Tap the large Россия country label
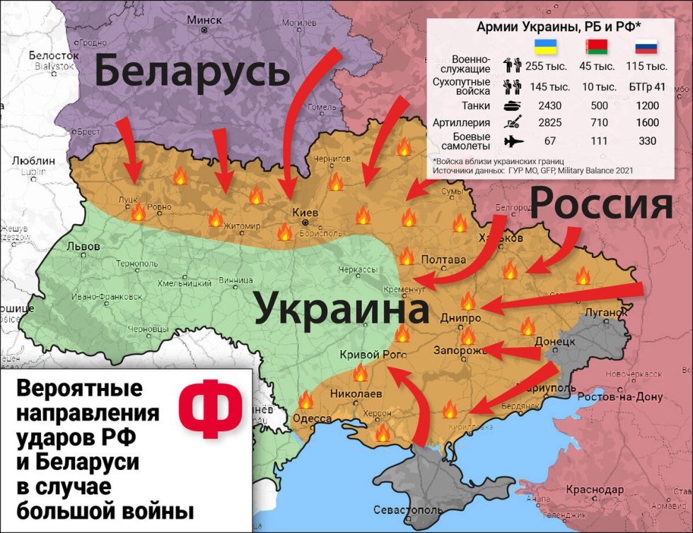tap(600, 205)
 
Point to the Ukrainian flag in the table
tap(544, 48)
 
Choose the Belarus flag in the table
tap(596, 48)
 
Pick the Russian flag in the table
tap(646, 48)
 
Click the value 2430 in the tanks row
tap(544, 106)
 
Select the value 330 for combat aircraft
tap(646, 141)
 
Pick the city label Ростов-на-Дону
tap(620, 397)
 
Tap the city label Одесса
tap(312, 418)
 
